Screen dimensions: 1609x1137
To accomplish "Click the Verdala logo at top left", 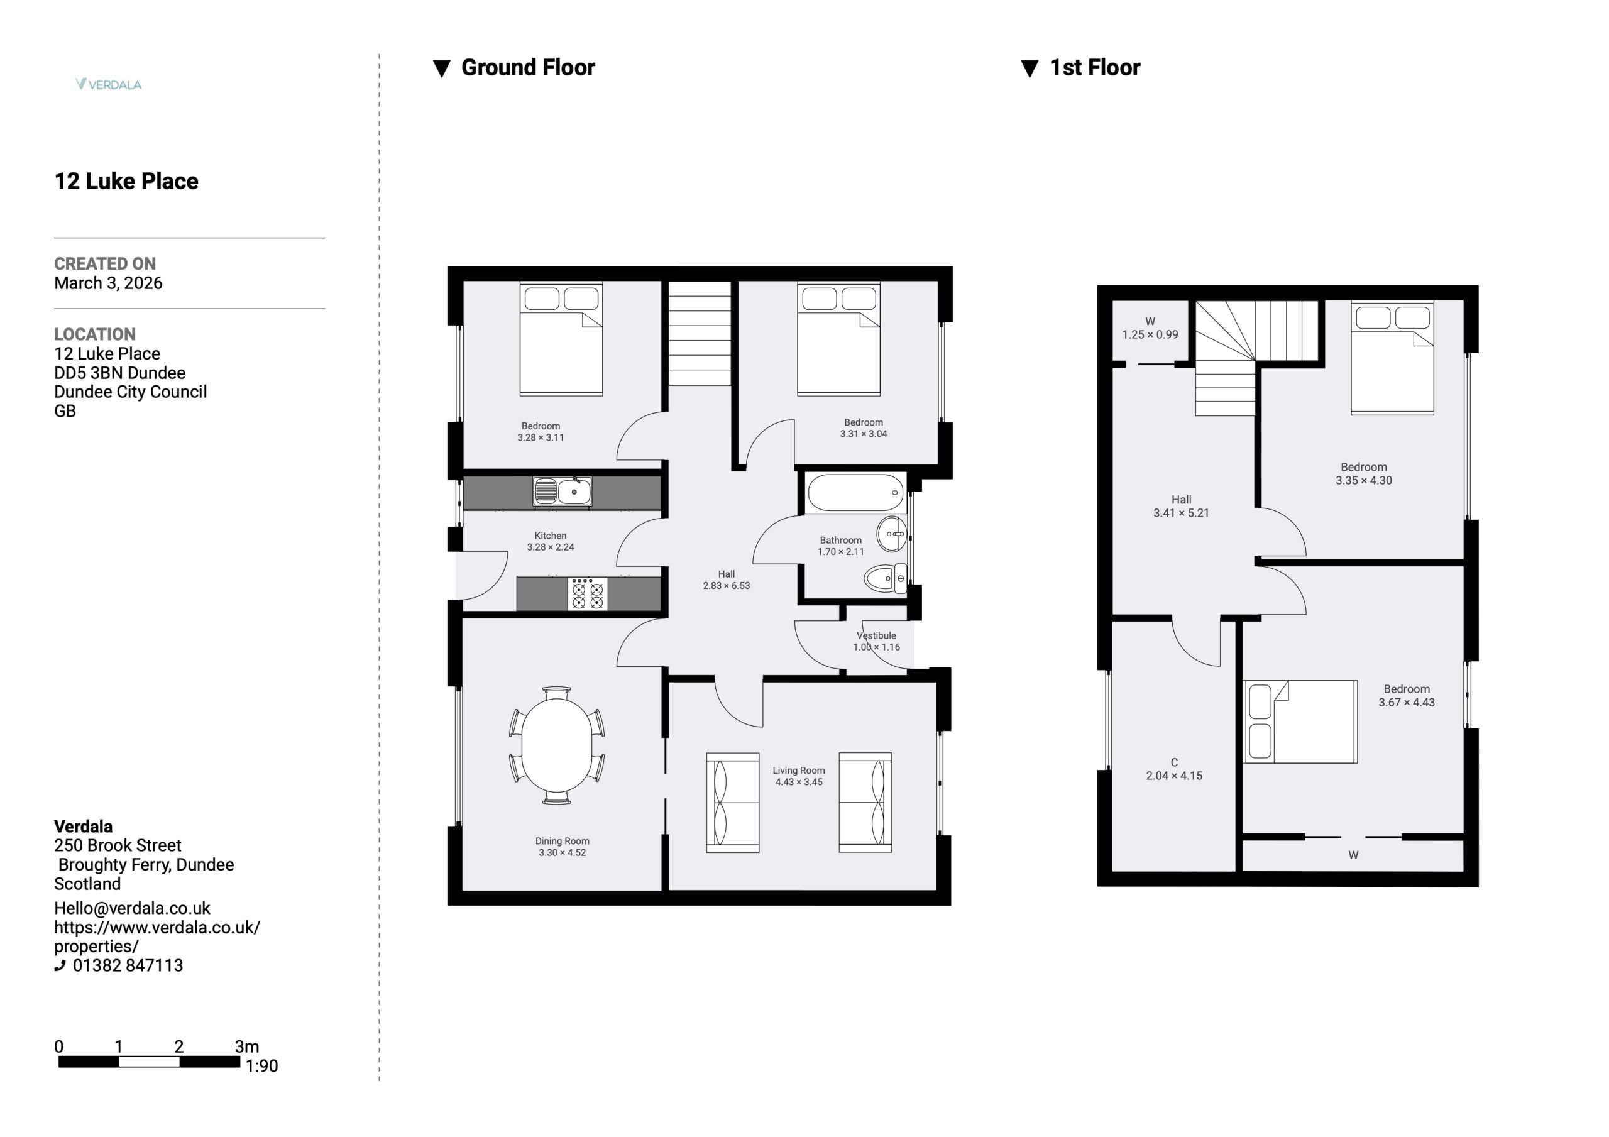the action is click(109, 84).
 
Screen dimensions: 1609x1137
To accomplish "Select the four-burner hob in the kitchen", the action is click(587, 594).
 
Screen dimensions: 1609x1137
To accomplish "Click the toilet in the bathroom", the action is click(885, 578).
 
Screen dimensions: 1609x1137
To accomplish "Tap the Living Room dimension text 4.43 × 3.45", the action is click(799, 782).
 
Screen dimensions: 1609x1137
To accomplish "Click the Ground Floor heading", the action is click(528, 67).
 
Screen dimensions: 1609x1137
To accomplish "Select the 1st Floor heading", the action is click(1095, 67).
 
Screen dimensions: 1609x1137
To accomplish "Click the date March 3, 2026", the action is click(109, 283).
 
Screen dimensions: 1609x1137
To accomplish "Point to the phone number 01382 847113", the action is click(128, 965).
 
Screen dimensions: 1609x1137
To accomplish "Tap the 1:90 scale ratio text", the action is click(261, 1065).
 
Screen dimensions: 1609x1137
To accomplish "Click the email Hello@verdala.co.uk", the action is click(133, 908).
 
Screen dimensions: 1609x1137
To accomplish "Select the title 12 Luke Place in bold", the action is click(126, 181).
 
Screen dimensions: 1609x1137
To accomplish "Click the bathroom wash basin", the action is click(892, 534).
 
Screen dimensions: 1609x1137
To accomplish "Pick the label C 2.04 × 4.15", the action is click(1174, 769).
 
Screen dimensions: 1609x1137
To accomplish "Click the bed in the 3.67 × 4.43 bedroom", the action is click(1300, 722).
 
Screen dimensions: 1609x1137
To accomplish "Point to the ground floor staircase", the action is click(700, 333).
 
